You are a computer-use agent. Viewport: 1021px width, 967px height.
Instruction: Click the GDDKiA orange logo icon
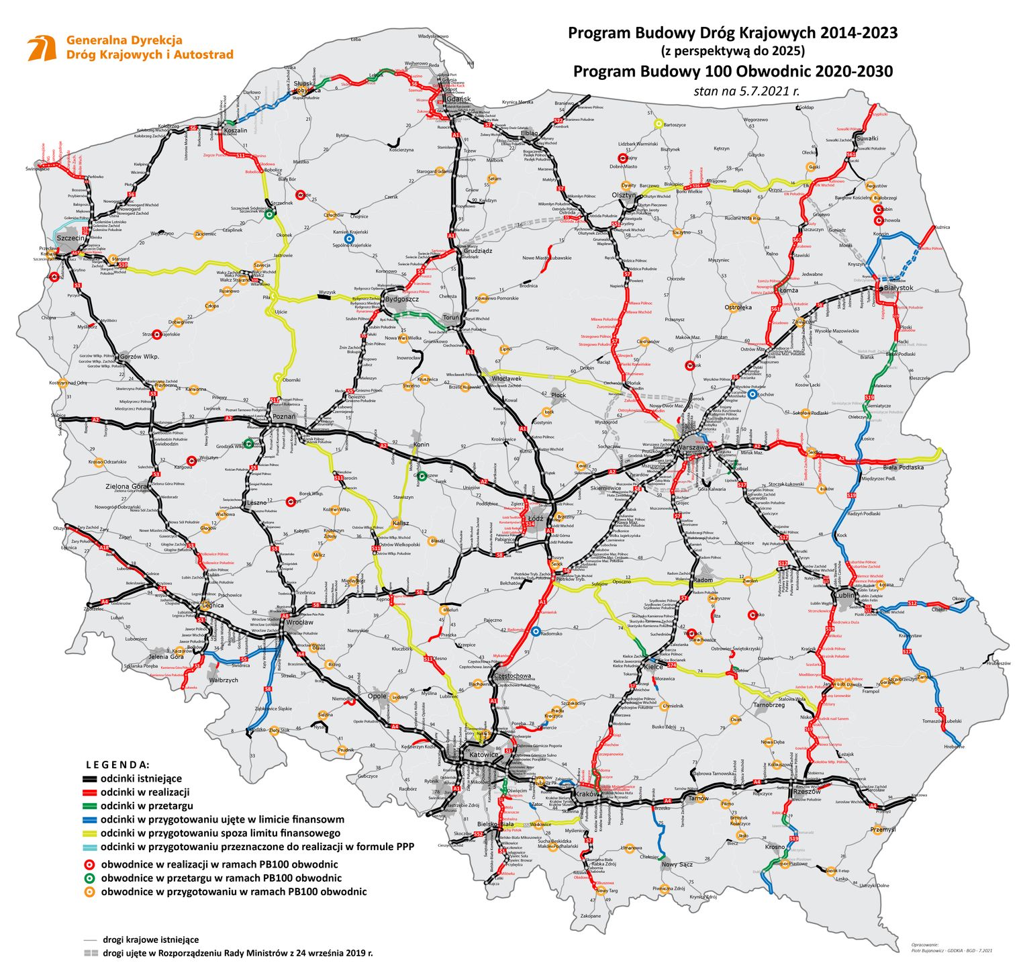42,48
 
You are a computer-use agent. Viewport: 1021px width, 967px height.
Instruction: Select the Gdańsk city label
458,99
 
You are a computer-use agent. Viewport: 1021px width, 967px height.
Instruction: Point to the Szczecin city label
70,238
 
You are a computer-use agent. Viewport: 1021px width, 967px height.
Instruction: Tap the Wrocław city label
299,622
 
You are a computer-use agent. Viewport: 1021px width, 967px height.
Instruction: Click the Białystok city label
898,287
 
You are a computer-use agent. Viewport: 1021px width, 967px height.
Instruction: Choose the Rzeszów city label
806,791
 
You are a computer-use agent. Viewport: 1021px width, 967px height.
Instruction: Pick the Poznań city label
284,416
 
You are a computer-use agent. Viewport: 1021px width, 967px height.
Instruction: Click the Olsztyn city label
624,195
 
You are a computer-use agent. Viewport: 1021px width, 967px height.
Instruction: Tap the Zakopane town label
591,915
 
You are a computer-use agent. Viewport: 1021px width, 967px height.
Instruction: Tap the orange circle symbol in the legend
89,892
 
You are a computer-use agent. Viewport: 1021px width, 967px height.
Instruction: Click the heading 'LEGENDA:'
117,765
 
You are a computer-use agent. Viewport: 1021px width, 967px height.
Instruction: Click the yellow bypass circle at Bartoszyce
659,124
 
